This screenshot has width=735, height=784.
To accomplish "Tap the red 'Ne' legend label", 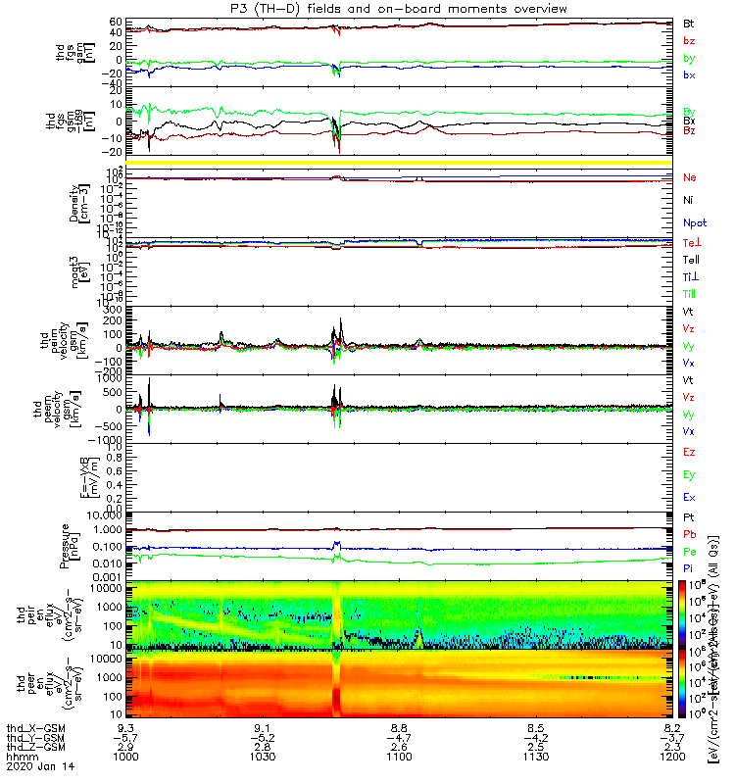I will point(690,178).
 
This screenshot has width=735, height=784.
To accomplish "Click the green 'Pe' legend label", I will point(690,553).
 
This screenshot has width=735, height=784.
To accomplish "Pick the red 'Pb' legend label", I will point(690,535).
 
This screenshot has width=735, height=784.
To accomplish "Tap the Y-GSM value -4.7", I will point(397,739).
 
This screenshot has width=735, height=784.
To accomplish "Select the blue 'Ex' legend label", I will point(690,498).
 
